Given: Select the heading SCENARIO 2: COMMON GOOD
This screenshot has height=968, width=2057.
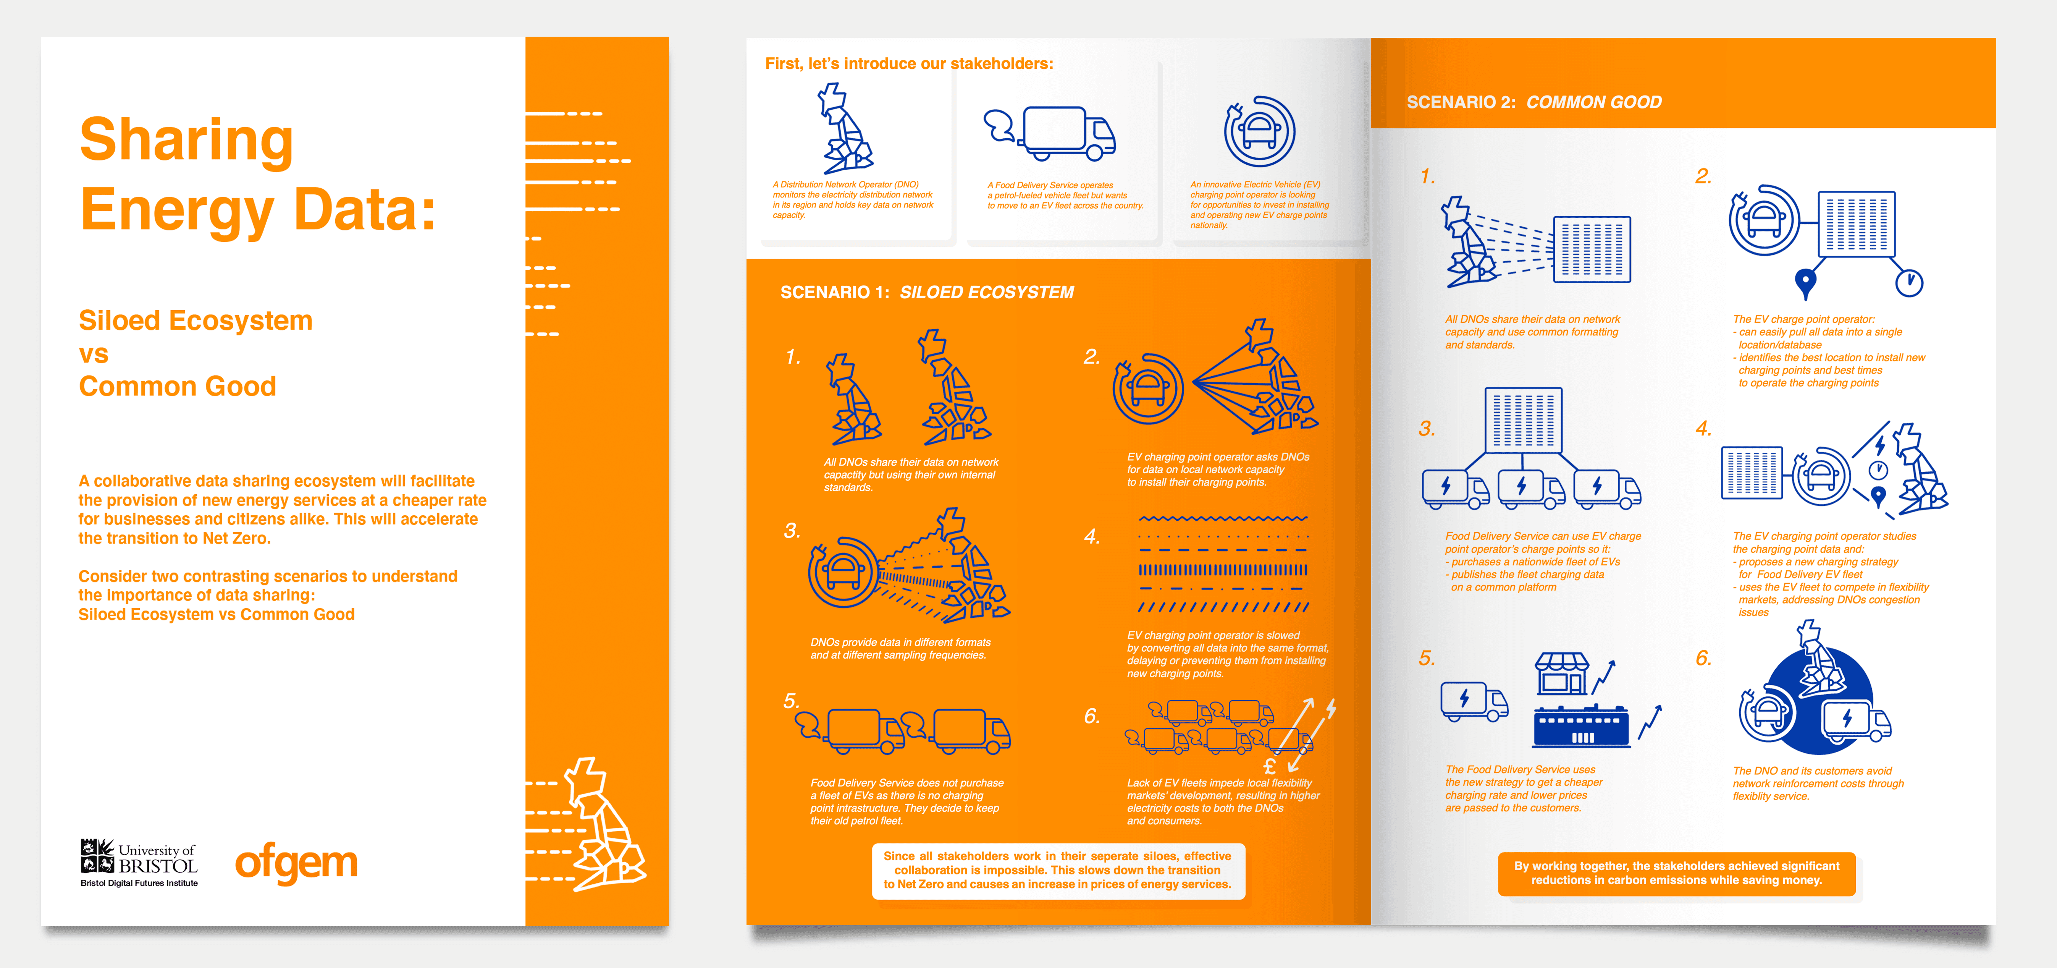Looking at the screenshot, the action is point(1534,102).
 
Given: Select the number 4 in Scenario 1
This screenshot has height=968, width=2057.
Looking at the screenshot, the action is point(1092,537).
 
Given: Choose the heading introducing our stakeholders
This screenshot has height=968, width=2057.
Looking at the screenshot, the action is point(909,63).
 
